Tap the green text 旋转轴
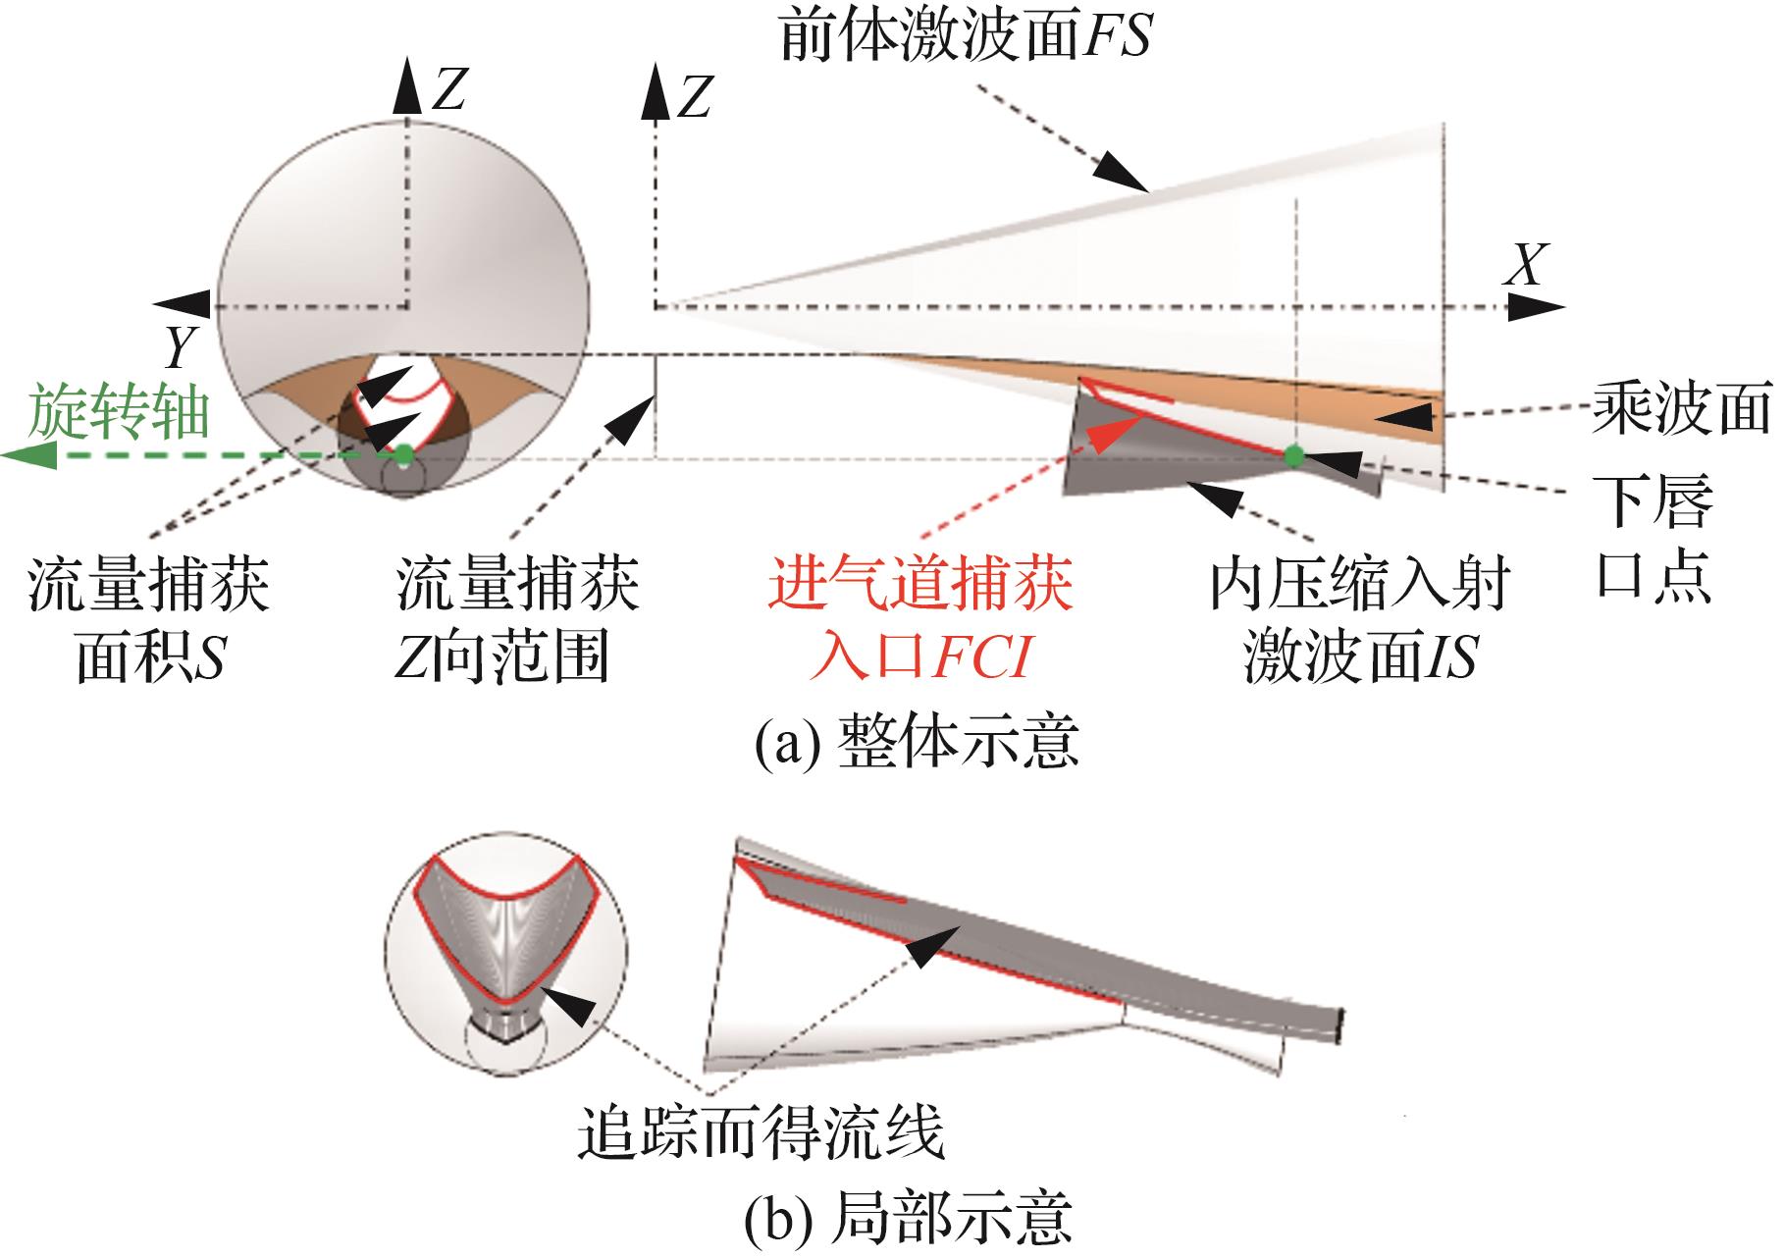point(119,412)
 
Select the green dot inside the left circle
point(402,454)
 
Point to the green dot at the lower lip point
point(1294,455)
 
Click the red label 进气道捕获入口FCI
point(920,619)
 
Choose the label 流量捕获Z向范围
point(517,620)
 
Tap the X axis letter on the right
point(1524,264)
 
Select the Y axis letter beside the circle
point(181,345)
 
